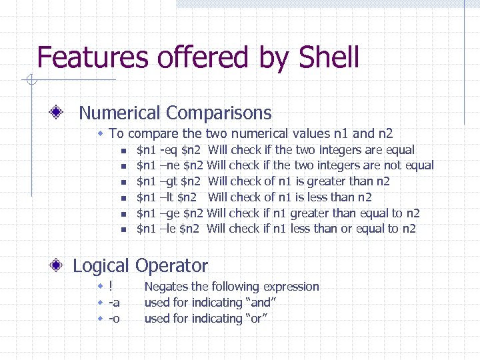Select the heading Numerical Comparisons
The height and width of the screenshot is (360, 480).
[x=175, y=113]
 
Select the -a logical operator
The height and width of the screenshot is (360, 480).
[x=114, y=303]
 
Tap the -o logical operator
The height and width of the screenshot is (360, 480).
[x=114, y=319]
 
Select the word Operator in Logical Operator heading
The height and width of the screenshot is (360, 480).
[x=171, y=265]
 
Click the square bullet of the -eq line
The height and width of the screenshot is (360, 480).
[x=123, y=150]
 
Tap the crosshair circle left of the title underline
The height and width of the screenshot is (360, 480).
[x=31, y=81]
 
